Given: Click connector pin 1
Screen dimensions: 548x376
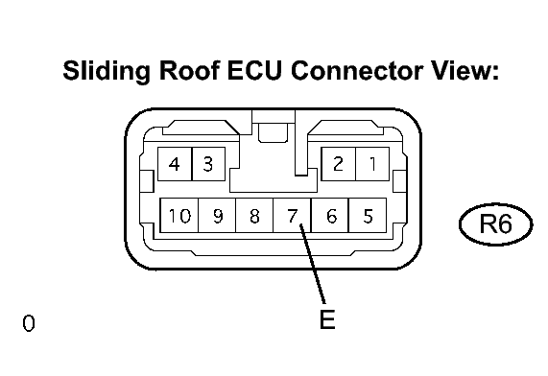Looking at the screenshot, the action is (372, 164).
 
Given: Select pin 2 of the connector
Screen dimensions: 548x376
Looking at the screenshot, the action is (339, 164).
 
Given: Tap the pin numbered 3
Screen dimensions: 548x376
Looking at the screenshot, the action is (208, 164).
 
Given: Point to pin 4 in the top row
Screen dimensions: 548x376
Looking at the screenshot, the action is (175, 164).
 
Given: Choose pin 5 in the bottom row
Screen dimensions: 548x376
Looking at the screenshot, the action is (368, 215).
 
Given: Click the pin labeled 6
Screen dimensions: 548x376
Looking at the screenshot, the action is (329, 215).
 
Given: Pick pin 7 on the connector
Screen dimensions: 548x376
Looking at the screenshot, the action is (292, 215).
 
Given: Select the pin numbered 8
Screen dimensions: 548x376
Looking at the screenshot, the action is (254, 215).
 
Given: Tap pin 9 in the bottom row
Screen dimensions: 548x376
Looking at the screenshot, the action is (217, 215).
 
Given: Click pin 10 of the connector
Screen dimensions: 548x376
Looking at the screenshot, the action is (179, 215).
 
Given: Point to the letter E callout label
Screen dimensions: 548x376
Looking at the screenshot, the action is (327, 319).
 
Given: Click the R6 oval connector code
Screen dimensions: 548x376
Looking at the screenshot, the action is (496, 224).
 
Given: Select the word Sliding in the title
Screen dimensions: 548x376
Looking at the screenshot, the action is (107, 71).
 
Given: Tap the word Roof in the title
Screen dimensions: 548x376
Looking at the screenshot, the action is (189, 70).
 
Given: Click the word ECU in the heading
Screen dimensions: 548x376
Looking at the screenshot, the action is (254, 70).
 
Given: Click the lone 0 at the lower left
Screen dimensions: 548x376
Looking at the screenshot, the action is (29, 323).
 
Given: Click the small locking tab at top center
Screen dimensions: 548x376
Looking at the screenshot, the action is (273, 133).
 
